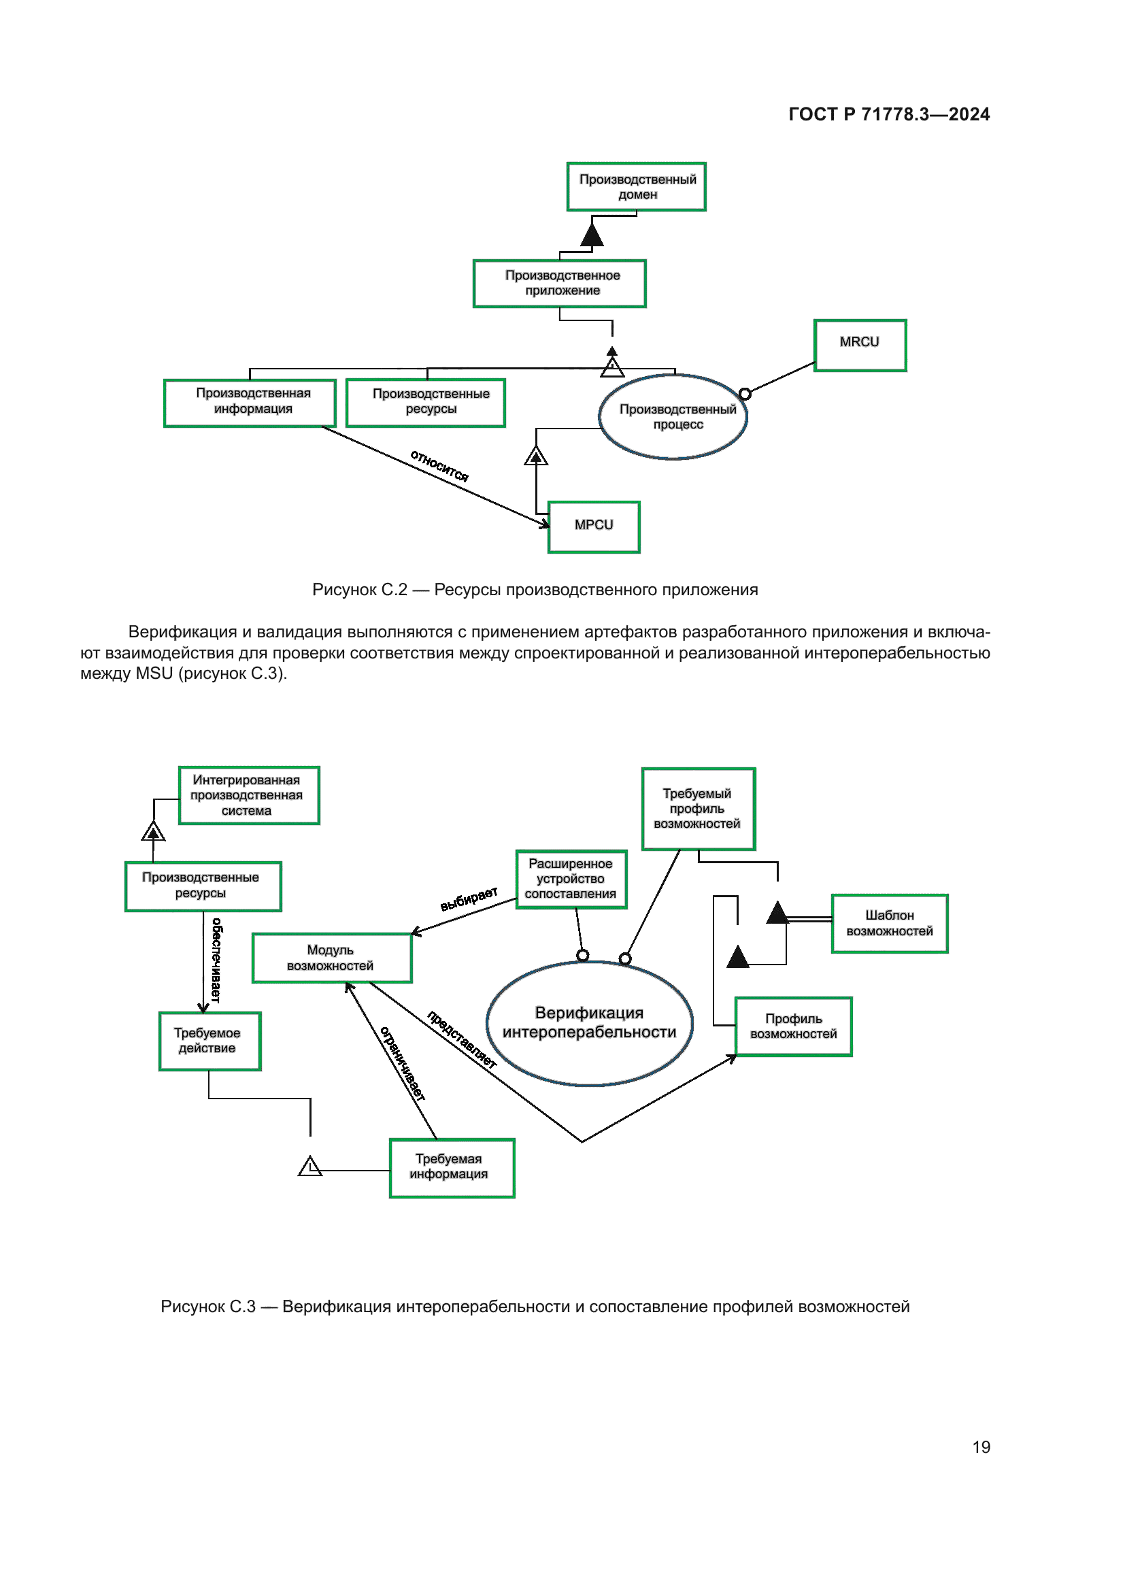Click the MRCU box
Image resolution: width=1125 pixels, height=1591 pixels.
pos(859,345)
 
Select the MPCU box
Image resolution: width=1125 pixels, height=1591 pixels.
pos(593,526)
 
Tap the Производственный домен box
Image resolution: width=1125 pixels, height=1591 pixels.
pos(636,186)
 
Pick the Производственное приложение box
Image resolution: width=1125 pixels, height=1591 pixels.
pos(559,283)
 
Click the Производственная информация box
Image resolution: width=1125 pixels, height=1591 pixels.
pos(250,403)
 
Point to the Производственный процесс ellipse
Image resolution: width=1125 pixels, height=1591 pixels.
pos(673,416)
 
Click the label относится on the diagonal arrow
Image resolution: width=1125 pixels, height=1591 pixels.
pos(439,466)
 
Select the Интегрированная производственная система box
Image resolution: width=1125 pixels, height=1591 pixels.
pos(249,794)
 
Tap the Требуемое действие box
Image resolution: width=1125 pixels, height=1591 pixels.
pos(209,1041)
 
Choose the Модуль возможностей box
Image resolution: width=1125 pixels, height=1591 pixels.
pos(332,958)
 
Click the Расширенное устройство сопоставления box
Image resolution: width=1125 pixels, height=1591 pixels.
pos(571,879)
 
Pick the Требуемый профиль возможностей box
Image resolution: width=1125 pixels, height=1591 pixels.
pos(698,808)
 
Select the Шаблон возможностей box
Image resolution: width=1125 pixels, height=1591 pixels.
pos(889,923)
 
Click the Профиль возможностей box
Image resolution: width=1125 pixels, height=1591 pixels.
pos(792,1026)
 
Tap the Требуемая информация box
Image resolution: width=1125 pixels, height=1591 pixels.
pos(452,1168)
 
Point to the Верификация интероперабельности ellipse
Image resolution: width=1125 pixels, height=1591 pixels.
pos(590,1023)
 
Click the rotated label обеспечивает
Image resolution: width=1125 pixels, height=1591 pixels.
pos(216,960)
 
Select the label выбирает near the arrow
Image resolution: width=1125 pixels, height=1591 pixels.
pos(469,899)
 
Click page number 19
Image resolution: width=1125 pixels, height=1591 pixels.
pos(980,1447)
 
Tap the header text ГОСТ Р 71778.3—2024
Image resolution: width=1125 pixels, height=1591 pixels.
pos(889,114)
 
